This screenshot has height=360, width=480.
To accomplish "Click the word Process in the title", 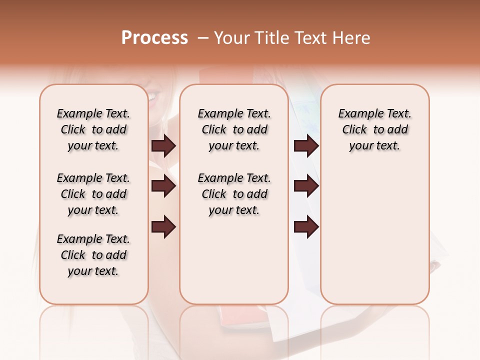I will click(x=154, y=38).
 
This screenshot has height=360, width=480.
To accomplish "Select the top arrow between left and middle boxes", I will click(x=163, y=145).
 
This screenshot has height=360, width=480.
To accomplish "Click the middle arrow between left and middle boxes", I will click(x=163, y=186).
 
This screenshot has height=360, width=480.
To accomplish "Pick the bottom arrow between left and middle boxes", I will click(x=163, y=227).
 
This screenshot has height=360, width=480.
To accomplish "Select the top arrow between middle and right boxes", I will click(x=306, y=145).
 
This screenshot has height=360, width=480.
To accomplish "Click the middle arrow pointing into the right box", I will click(x=306, y=186).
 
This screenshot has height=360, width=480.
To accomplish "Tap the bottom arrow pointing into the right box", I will click(x=306, y=227).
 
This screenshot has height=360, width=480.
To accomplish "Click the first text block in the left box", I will click(x=93, y=129).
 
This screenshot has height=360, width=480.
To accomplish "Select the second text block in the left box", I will click(x=93, y=194).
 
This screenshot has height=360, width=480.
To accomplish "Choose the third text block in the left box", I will click(x=93, y=255).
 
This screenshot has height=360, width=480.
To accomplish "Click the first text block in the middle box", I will click(x=234, y=129).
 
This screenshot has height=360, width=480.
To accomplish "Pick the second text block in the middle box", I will click(x=234, y=194).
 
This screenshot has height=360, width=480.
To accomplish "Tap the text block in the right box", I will click(x=374, y=129).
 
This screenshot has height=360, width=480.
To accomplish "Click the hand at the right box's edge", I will click(x=434, y=266).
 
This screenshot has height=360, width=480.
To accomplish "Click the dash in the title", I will click(x=203, y=38).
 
